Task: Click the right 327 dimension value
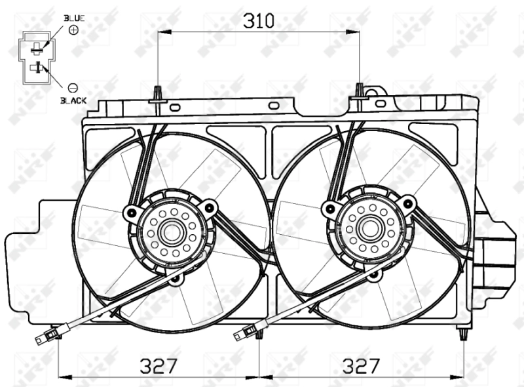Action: [362, 365]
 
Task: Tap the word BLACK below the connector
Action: [73, 101]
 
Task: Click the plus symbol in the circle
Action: [73, 30]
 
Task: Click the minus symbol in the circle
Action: [73, 87]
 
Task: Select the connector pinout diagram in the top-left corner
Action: [38, 56]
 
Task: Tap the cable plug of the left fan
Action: [44, 338]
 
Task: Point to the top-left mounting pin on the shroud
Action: [157, 94]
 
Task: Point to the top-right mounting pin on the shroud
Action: [359, 91]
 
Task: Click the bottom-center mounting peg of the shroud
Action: [260, 334]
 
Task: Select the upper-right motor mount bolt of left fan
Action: [210, 207]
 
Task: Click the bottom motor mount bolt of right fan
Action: [374, 276]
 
